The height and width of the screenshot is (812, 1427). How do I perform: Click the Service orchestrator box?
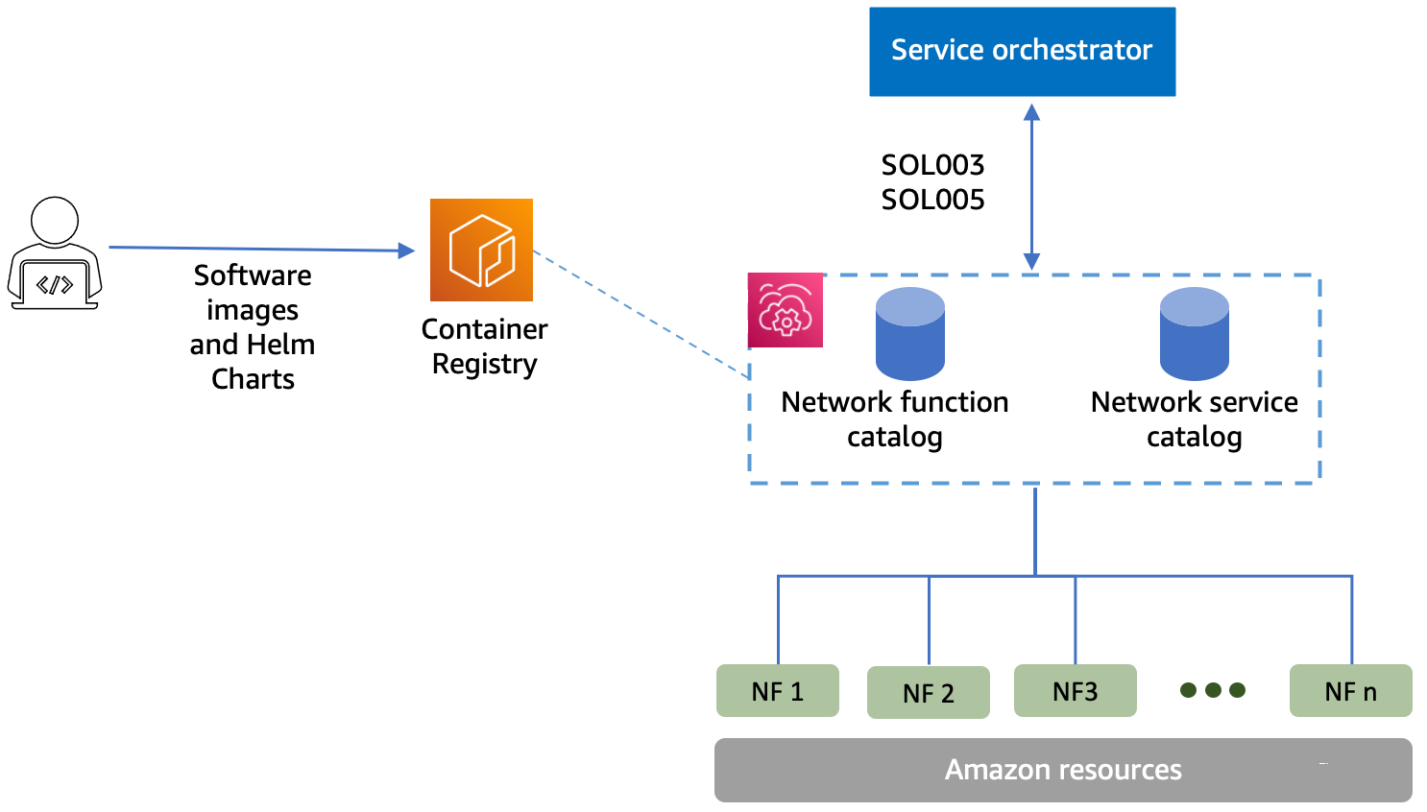tap(1022, 52)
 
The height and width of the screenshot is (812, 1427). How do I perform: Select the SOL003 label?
tap(932, 165)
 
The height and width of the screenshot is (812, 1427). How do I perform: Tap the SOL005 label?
tap(932, 200)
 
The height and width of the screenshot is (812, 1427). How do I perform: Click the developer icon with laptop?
tap(55, 253)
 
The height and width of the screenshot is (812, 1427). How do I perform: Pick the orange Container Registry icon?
tap(481, 250)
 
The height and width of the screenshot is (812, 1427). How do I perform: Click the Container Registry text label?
tap(484, 346)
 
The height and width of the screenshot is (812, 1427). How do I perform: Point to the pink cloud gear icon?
tap(786, 310)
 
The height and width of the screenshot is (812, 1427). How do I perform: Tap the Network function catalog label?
tap(894, 418)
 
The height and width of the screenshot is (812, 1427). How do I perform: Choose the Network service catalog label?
tap(1194, 418)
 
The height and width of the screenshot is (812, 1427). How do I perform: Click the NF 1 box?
tap(777, 691)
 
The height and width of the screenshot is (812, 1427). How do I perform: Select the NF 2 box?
tap(928, 693)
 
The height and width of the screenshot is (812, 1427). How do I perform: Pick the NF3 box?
tap(1075, 691)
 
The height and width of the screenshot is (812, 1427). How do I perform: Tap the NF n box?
tap(1350, 691)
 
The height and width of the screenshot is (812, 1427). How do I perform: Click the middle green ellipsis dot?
tap(1213, 690)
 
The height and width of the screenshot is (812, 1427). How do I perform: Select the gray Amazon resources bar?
tap(1063, 770)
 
